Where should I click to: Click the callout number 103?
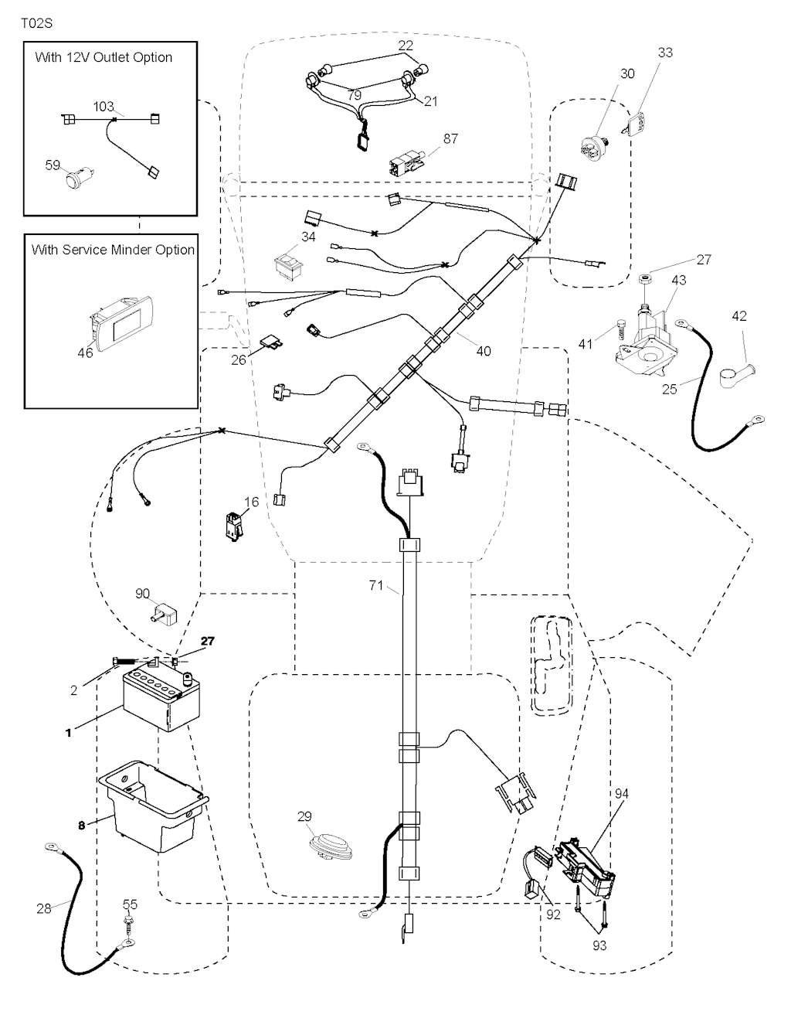(104, 107)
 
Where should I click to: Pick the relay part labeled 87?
(405, 163)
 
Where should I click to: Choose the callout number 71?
(375, 587)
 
